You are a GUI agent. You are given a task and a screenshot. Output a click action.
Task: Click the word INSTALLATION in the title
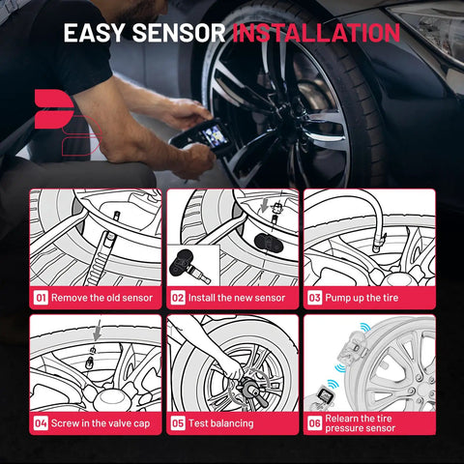click(316, 33)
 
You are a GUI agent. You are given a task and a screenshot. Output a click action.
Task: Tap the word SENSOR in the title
click(179, 33)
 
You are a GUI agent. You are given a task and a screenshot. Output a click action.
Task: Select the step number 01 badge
click(41, 298)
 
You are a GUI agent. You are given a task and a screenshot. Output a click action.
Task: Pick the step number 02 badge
click(178, 298)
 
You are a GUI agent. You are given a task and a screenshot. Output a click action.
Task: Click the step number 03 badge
click(315, 298)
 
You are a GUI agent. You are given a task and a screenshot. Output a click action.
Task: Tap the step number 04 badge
click(41, 423)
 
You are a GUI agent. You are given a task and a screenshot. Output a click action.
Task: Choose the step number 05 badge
click(178, 423)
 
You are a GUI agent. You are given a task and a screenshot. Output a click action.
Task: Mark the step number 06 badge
click(315, 423)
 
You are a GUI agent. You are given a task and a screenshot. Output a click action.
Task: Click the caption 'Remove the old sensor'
click(101, 298)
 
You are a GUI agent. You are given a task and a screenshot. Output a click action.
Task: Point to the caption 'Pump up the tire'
click(362, 298)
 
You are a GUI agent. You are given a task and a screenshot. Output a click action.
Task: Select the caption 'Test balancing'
click(221, 423)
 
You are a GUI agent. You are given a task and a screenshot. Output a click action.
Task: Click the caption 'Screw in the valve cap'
click(101, 423)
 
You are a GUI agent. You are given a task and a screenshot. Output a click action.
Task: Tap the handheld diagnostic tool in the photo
click(201, 136)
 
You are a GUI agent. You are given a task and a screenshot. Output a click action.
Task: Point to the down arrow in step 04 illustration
click(98, 331)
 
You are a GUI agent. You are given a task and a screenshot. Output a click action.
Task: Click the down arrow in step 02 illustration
click(265, 205)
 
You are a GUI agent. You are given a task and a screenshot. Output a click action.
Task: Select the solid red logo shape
click(53, 108)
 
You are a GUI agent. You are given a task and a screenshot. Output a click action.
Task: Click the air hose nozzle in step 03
click(378, 243)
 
